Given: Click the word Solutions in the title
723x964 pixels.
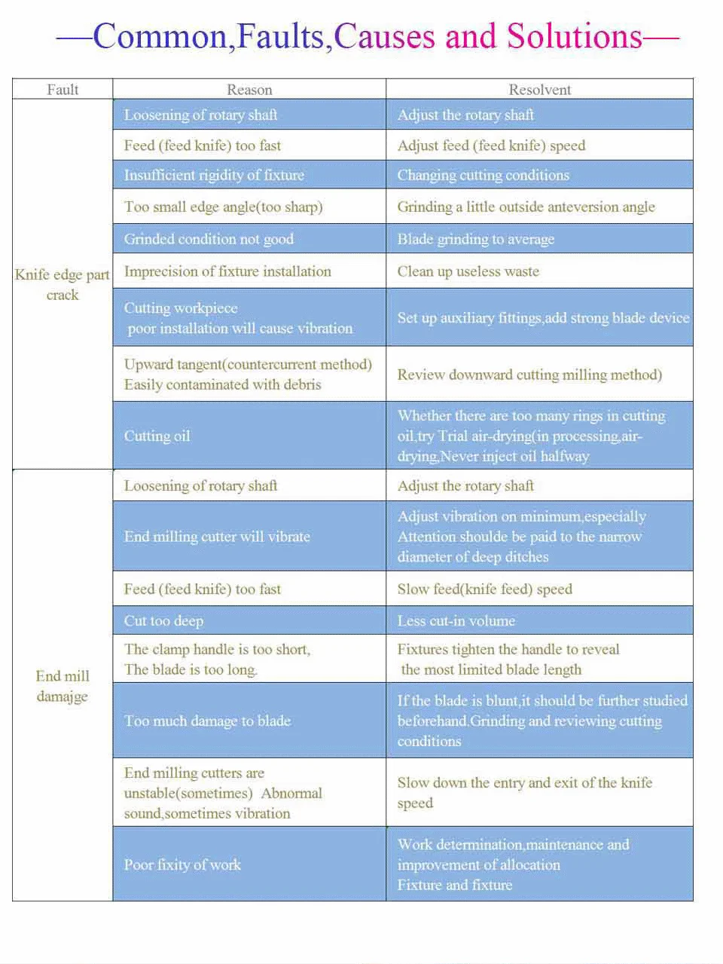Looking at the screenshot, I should [574, 37].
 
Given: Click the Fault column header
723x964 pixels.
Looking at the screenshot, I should [63, 90].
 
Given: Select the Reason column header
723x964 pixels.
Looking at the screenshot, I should [249, 90].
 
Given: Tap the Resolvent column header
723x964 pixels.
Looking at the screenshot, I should [539, 90].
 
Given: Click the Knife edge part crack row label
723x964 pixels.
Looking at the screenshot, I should [63, 284].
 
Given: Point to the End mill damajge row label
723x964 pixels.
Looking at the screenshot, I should [63, 685].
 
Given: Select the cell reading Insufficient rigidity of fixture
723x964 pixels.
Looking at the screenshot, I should [214, 175].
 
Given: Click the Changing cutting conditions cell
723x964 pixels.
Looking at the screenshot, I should [483, 175].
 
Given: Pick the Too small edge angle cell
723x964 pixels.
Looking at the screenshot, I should [223, 207].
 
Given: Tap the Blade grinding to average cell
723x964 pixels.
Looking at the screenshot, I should [475, 239].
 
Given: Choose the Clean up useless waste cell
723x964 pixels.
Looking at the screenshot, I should [468, 271].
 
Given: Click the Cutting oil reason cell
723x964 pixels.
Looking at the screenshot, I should [157, 436].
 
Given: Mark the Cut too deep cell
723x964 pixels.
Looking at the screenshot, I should [163, 621].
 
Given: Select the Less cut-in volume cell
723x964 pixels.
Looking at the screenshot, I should [456, 621].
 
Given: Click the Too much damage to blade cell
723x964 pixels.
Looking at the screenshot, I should [207, 721].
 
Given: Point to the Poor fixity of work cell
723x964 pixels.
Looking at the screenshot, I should [182, 865].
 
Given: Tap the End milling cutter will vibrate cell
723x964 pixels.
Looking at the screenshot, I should [217, 537].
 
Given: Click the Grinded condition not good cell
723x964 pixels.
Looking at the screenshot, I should [209, 239].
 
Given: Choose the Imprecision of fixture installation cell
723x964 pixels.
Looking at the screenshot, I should [227, 271].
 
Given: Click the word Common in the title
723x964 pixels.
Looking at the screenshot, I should [160, 37].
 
